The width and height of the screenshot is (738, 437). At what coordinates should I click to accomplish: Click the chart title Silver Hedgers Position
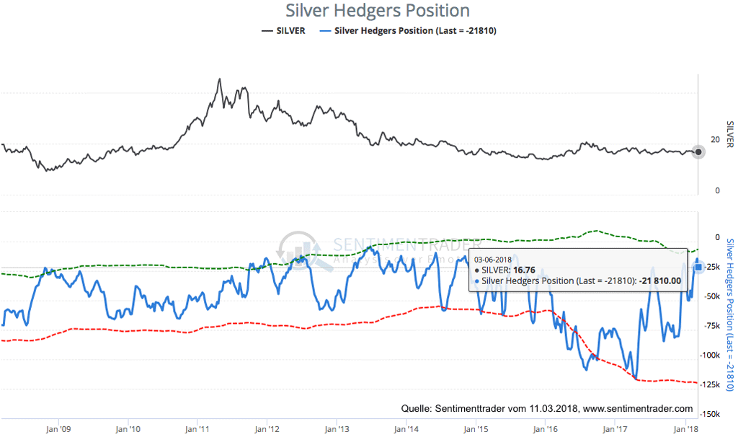pos(378,11)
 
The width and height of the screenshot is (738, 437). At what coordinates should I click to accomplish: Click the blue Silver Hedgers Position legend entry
pos(414,30)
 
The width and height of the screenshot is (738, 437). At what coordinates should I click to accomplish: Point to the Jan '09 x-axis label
pos(58,428)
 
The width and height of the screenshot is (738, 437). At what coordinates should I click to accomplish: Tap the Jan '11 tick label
pos(197,428)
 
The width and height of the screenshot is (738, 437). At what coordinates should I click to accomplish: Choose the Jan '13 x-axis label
pos(337,428)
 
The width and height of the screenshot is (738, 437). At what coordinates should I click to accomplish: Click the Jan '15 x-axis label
pos(476,428)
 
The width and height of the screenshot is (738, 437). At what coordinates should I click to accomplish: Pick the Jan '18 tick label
pos(685,428)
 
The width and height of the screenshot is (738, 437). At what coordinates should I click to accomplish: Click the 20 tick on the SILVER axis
pos(715,139)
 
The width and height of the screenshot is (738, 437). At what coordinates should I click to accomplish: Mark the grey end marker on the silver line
pos(698,151)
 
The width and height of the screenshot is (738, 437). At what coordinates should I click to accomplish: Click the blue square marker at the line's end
pos(698,268)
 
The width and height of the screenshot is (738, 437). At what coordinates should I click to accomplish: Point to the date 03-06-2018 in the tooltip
pos(492,258)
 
